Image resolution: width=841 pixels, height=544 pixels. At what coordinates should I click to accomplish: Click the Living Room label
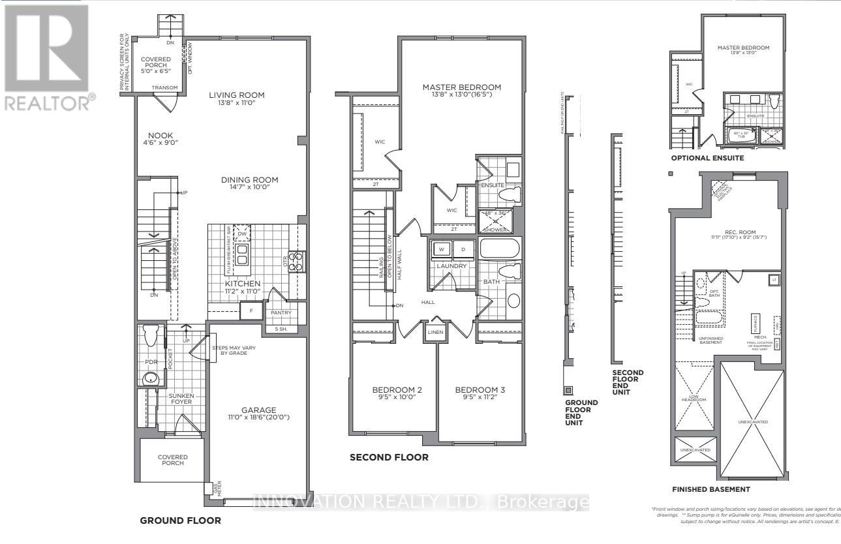(x=236, y=95)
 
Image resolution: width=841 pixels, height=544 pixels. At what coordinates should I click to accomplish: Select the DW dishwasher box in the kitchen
(x=242, y=233)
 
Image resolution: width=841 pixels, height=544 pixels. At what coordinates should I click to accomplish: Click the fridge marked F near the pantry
(x=251, y=312)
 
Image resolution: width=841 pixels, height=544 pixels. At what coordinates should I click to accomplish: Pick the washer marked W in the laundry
(x=442, y=250)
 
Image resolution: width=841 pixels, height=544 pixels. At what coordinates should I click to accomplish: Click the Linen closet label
(x=435, y=333)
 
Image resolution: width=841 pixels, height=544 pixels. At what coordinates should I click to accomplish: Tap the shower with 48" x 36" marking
(x=497, y=221)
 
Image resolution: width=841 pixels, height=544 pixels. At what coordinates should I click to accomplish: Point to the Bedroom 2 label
(x=394, y=389)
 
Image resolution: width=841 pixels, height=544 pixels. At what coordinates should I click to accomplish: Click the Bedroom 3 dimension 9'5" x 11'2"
(x=480, y=397)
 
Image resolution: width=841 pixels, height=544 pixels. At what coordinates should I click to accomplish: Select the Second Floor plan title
(x=389, y=458)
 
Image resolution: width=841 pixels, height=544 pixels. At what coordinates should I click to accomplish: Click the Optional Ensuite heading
(x=707, y=159)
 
